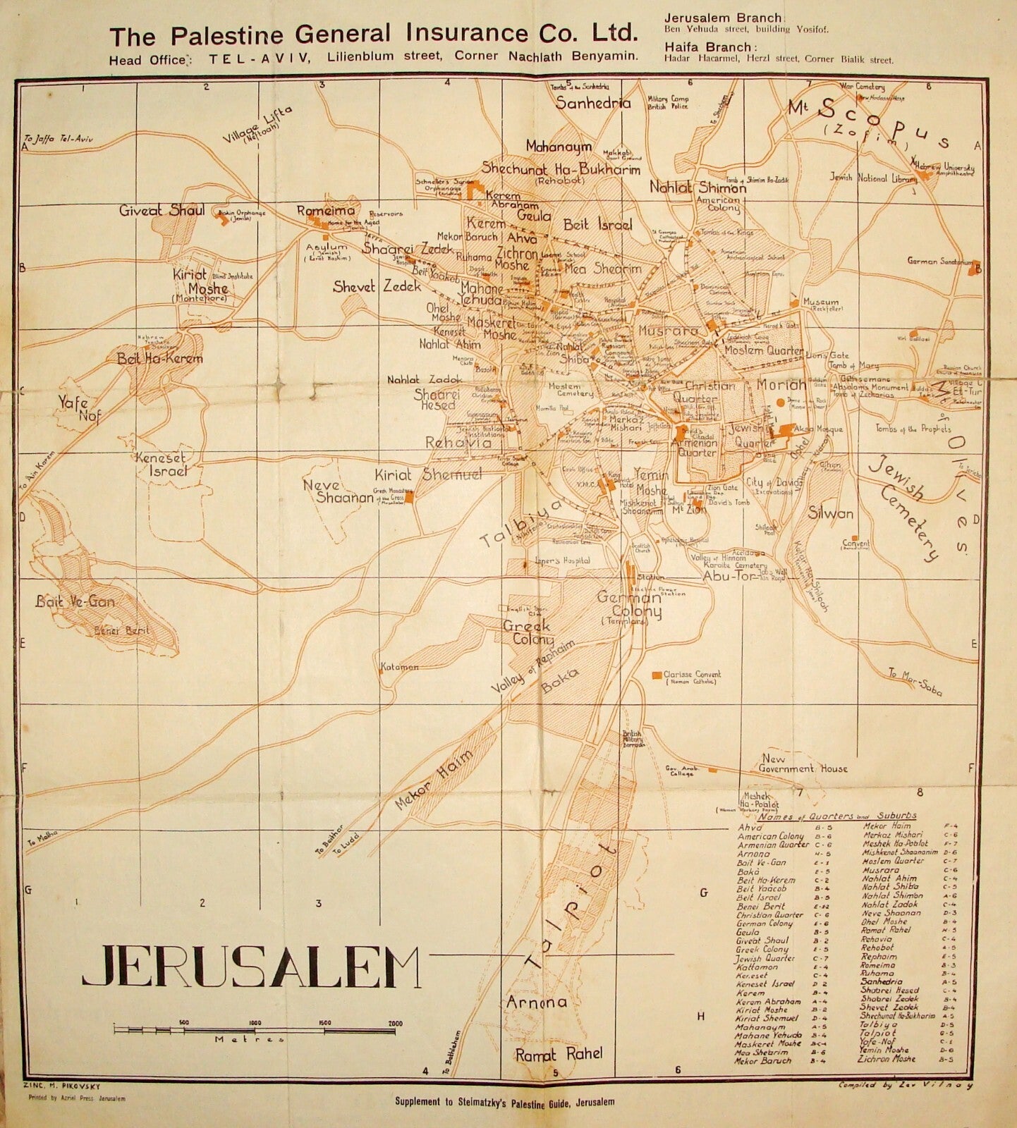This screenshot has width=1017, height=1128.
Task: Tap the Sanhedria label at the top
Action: [x=592, y=103]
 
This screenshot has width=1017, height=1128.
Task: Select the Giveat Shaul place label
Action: [x=162, y=210]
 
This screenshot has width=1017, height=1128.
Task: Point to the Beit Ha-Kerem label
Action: [x=160, y=359]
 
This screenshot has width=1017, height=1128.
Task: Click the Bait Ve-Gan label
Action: [x=75, y=601]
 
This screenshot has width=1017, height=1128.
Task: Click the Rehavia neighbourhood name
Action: [x=458, y=443]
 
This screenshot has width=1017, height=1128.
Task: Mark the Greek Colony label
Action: [x=528, y=632]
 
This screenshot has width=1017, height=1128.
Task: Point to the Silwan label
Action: [x=831, y=513]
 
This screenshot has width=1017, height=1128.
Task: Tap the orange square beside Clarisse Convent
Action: [x=657, y=675]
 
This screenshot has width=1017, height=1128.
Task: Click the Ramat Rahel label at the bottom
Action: [x=559, y=1055]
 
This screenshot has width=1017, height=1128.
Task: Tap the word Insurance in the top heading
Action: [x=462, y=34]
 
